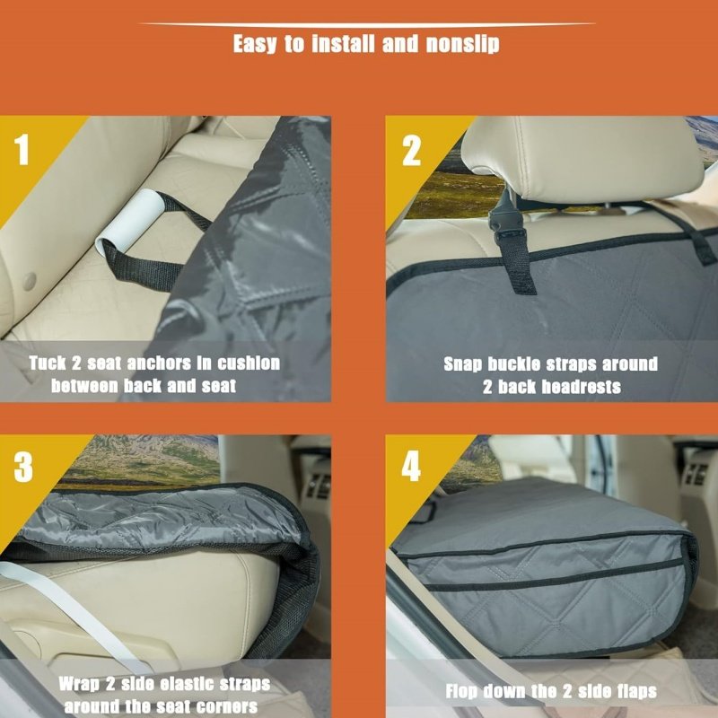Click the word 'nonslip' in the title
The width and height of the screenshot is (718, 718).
point(462,44)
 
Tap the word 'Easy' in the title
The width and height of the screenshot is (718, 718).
point(255,44)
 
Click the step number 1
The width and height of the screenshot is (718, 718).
point(22,150)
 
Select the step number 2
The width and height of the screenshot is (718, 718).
point(411,151)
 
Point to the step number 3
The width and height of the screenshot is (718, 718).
point(23,467)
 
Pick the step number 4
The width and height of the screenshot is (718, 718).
point(411,467)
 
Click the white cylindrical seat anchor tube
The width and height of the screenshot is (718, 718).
point(129,221)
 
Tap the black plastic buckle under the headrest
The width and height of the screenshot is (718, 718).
point(505,215)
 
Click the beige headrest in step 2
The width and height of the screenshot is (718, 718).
point(582,158)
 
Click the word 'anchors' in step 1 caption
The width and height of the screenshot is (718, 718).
point(159,363)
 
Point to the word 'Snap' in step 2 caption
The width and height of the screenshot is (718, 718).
point(462,364)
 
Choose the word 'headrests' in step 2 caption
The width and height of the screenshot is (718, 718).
point(581,387)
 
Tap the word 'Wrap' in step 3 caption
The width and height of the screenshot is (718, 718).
point(78,684)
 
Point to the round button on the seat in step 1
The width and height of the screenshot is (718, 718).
point(29,282)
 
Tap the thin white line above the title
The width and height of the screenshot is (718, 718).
point(366,24)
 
